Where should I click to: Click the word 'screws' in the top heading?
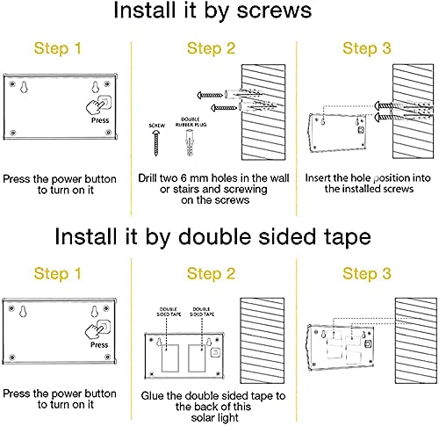pos(274,11)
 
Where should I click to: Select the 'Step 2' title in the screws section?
pos(211,48)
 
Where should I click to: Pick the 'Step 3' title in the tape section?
pos(367,273)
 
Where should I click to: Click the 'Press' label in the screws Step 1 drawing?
pos(100,120)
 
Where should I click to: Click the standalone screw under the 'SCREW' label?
pos(156,143)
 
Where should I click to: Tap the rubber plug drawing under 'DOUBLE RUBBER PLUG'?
pos(190,142)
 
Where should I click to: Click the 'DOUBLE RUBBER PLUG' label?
pos(191,122)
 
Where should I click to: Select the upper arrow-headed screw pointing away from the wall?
pos(210,95)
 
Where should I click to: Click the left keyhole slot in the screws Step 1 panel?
pos(24,87)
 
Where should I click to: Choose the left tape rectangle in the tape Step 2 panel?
pos(170,358)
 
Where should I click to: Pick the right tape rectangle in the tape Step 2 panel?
pos(197,358)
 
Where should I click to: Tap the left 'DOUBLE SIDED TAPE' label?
pos(169,312)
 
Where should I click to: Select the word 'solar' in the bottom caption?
pos(205,418)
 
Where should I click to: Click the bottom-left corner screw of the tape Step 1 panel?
pos(12,357)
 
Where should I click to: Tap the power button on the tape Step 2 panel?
pos(215,351)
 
